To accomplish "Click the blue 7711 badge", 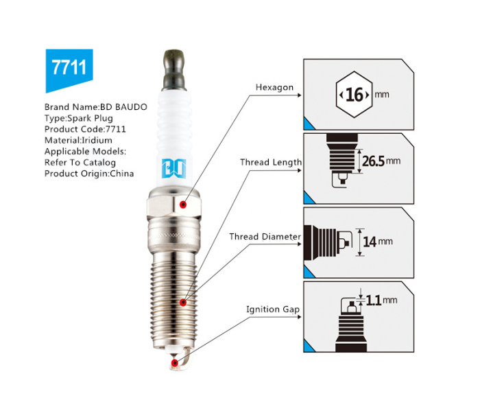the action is pyautogui.click(x=69, y=69).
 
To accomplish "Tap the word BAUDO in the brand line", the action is pyautogui.click(x=132, y=107).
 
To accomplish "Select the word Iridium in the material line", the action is pyautogui.click(x=97, y=140).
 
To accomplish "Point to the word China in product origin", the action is pyautogui.click(x=122, y=174).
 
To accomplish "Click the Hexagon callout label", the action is pyautogui.click(x=274, y=88).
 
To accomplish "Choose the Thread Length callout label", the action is pyautogui.click(x=271, y=163).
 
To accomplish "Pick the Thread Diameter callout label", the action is pyautogui.click(x=265, y=237).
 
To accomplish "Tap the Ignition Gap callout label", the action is pyautogui.click(x=273, y=310).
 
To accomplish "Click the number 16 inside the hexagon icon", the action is pyautogui.click(x=355, y=95).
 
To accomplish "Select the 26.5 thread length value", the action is pyautogui.click(x=373, y=161).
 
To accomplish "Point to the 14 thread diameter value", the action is pyautogui.click(x=370, y=242).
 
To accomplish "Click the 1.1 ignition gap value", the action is pyautogui.click(x=374, y=300).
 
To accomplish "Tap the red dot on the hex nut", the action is pyautogui.click(x=183, y=205).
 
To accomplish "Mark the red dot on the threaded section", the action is pyautogui.click(x=183, y=303).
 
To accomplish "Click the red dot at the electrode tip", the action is pyautogui.click(x=174, y=363).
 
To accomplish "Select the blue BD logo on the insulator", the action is pyautogui.click(x=173, y=169).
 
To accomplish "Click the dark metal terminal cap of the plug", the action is pyautogui.click(x=174, y=70).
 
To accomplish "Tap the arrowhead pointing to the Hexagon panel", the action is pyautogui.click(x=300, y=95).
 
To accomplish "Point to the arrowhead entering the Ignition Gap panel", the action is pyautogui.click(x=300, y=316).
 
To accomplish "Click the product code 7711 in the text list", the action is pyautogui.click(x=115, y=129).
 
